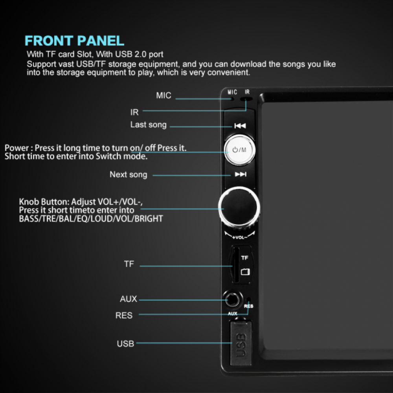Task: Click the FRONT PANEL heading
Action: pos(74,40)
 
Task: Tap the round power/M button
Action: pos(240,150)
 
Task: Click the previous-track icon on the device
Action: pos(240,126)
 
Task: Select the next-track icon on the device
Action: pos(241,174)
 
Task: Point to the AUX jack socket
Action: pos(232,299)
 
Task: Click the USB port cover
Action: pos(241,343)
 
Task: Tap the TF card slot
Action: pos(235,265)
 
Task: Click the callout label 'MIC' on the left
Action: pos(163,95)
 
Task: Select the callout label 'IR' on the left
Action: pos(134,112)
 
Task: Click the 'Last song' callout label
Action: pos(149,125)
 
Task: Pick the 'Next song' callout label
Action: pos(129,174)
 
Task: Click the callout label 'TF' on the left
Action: pos(129,264)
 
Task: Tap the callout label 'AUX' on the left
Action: pos(129,299)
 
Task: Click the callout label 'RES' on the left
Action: pos(124,315)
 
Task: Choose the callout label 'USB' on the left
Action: pos(125,343)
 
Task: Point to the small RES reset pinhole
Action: pos(249,299)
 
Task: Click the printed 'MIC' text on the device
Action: pos(232,92)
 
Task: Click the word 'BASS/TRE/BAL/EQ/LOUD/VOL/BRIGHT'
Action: pos(91,219)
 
